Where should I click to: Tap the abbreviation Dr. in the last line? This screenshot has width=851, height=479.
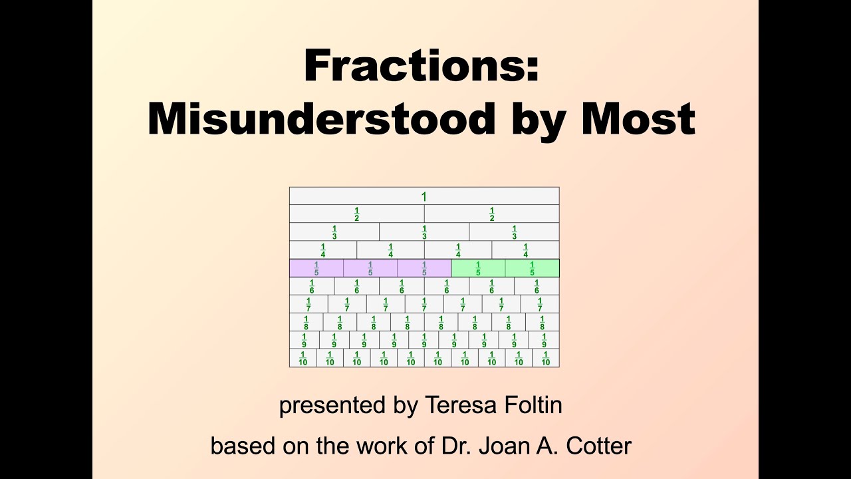(453, 445)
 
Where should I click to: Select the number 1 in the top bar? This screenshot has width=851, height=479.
(424, 196)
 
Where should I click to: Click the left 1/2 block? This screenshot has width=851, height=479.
(357, 214)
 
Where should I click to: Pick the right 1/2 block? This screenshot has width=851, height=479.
(492, 214)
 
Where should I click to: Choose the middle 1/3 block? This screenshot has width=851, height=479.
(424, 232)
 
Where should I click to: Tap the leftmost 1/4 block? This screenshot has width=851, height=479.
(323, 250)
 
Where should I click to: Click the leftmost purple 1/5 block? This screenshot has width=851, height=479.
(316, 268)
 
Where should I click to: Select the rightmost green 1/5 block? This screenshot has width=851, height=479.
(532, 268)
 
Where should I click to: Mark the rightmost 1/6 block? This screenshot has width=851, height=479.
(537, 286)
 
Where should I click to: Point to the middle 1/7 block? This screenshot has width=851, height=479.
(424, 304)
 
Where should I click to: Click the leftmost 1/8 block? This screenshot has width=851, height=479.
(306, 322)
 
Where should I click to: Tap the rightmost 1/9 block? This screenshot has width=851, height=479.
(544, 340)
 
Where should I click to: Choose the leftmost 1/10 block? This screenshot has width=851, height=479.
(303, 358)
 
